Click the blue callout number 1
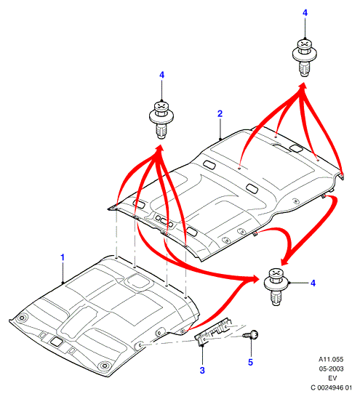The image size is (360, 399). coord(63,257)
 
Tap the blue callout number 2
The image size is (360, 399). coord(220,113)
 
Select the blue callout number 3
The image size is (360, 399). coord(202,370)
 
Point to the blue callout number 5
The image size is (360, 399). coord(250,363)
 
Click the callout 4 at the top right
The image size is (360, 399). coord(305,13)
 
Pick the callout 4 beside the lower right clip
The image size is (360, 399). coord(313,283)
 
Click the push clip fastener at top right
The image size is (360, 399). coord(305,57)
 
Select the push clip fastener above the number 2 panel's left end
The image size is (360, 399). coord(161,120)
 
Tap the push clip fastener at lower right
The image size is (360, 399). coord(276,287)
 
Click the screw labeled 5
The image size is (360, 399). coord(251,334)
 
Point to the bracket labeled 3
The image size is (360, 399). coord(214,331)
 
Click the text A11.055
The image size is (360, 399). coord(331,359)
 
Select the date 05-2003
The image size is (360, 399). coord(331,368)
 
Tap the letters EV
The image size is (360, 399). coord(332,378)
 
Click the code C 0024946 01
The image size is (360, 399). coord(331,387)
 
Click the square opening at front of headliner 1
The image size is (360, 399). coord(56,342)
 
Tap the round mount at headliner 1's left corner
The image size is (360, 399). coord(22,318)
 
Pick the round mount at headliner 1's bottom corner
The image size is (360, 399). coord(104,366)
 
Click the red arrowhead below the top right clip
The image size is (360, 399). coord(303,86)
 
